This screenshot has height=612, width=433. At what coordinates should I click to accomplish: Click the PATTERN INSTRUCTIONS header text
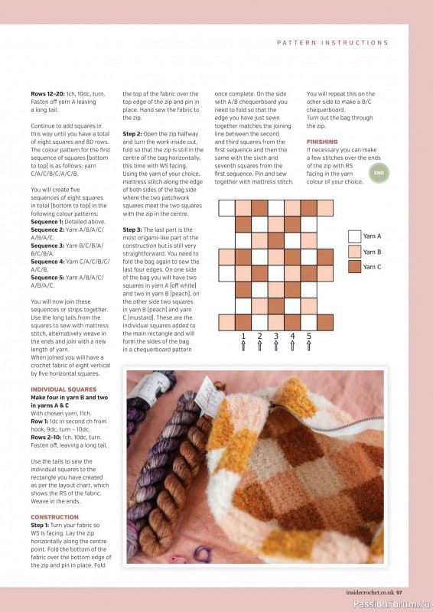tap(332, 43)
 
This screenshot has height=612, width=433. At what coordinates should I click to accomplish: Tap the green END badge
tap(378, 174)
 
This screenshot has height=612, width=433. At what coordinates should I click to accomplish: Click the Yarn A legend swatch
tap(354, 236)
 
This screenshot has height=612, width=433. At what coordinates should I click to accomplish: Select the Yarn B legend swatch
tap(354, 252)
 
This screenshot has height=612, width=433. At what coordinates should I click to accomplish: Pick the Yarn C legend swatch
tap(354, 267)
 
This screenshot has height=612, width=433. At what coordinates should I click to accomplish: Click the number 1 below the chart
tap(243, 336)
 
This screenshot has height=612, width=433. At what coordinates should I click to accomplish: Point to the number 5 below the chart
tap(309, 336)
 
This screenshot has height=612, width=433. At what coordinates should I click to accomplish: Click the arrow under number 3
tap(276, 347)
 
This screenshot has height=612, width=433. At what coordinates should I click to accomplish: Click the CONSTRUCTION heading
tap(54, 517)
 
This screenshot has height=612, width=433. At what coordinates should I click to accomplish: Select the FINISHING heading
tap(322, 142)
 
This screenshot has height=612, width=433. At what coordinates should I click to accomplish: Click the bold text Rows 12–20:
tap(47, 93)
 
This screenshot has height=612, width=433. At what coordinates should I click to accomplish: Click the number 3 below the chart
tap(276, 336)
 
